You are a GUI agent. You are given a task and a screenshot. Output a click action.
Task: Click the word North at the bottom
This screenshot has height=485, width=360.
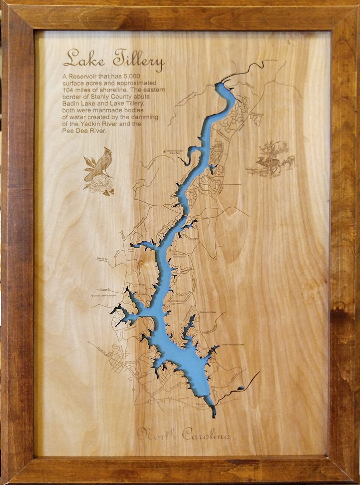pos(157,434)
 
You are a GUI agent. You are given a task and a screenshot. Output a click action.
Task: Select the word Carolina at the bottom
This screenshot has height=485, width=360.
pos(206,435)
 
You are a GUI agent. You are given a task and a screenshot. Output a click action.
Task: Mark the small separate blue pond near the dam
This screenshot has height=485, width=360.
pos(241,388)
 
